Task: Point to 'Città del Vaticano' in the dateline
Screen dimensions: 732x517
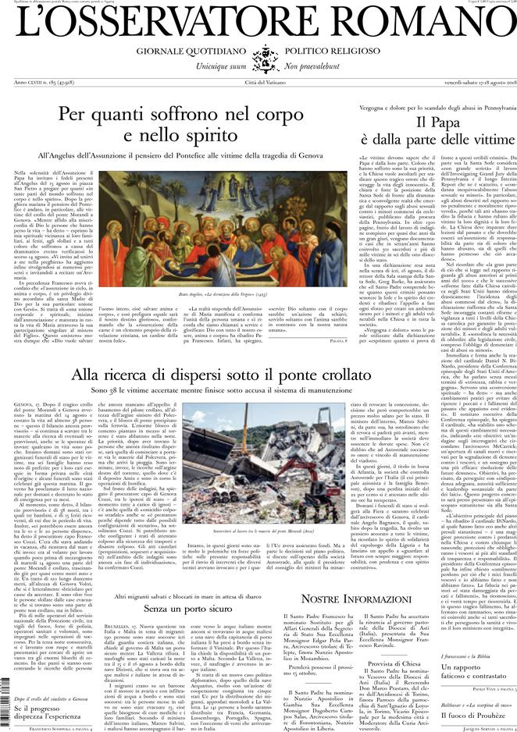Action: coord(258,83)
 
